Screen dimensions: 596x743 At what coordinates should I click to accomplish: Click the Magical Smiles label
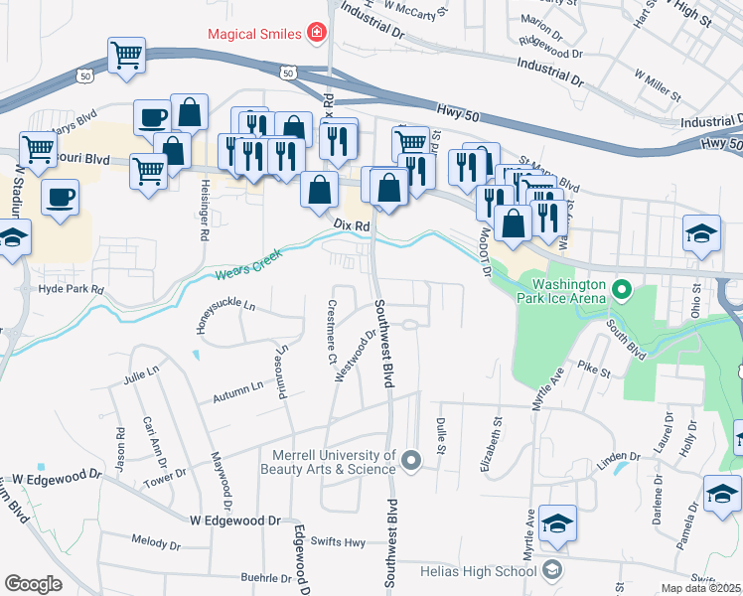pos(254,34)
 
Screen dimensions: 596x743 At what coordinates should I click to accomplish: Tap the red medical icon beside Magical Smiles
pos(317,34)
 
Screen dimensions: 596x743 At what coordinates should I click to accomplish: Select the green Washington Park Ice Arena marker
pos(623,291)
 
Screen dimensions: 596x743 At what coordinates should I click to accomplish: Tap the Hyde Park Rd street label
pos(71,289)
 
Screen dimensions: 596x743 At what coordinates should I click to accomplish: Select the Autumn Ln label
pos(237,391)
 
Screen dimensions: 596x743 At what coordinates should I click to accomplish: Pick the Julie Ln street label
pos(141,372)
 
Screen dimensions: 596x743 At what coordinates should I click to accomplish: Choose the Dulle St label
pos(441,433)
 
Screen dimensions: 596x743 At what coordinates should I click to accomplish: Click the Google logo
pos(34,583)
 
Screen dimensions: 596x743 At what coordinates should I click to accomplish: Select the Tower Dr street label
pos(165,476)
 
